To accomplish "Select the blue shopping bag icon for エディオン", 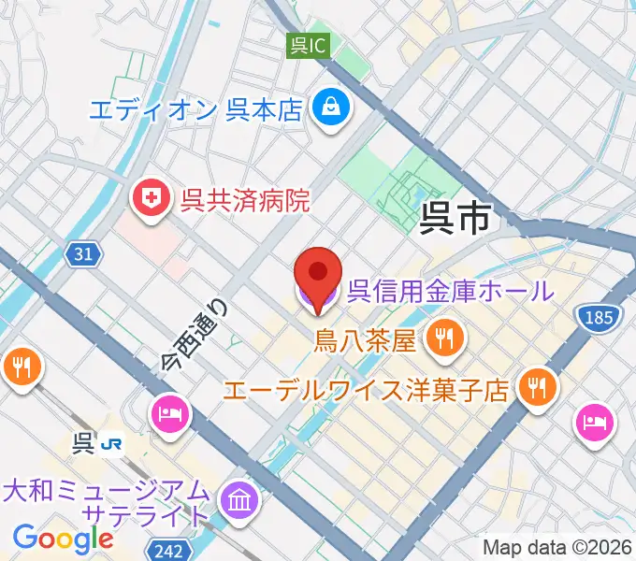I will pyautogui.click(x=330, y=108).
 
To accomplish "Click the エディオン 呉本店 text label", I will pyautogui.click(x=196, y=110).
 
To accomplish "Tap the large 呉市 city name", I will pyautogui.click(x=455, y=218).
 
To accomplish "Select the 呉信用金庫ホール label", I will pyautogui.click(x=450, y=291).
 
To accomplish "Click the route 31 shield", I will pyautogui.click(x=82, y=252).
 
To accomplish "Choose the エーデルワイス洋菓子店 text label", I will pyautogui.click(x=368, y=386).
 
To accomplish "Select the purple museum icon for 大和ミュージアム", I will pyautogui.click(x=239, y=500).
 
